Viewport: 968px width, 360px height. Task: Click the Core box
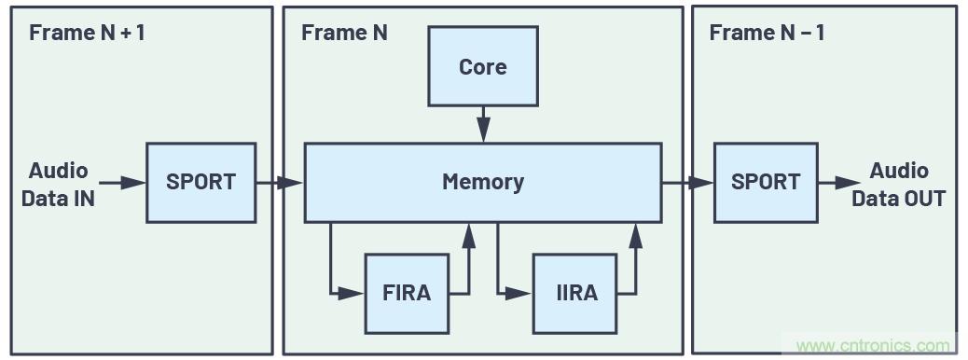point(482,66)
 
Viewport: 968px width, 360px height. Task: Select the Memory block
point(482,182)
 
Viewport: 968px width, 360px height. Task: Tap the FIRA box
point(407,293)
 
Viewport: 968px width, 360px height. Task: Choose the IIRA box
point(574,293)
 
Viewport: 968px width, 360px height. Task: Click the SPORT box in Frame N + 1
point(201,182)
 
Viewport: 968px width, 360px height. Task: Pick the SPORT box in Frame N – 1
point(766,182)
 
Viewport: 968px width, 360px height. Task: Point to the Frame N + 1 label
point(87,33)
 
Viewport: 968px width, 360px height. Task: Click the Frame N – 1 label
point(767,33)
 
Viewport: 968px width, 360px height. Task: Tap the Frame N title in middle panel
point(344,33)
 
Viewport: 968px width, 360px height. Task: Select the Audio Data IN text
point(58,184)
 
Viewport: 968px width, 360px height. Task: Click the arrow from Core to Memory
point(483,124)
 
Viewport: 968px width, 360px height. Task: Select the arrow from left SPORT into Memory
point(280,183)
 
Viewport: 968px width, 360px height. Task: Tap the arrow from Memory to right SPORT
point(687,183)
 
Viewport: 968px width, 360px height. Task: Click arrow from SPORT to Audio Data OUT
point(841,183)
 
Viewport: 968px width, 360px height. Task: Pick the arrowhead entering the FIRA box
point(352,294)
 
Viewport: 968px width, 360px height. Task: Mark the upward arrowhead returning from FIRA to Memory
point(468,234)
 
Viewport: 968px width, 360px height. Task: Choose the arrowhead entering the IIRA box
point(519,294)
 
